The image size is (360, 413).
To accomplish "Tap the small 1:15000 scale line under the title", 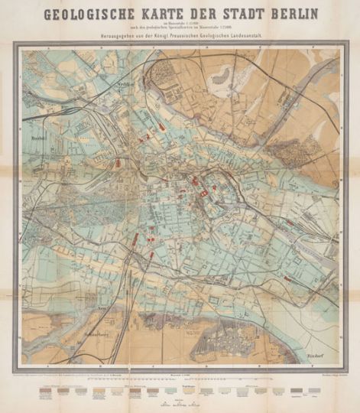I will tap(180, 24).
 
